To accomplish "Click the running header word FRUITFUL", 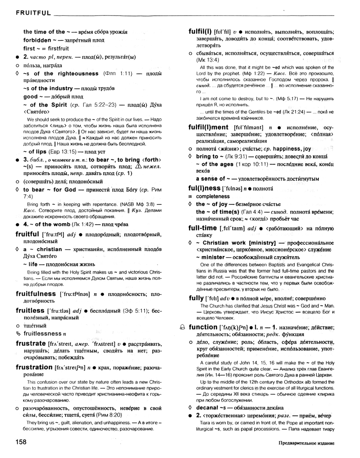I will pyautogui.click(x=33, y=13).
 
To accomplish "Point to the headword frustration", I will pyautogui.click(x=34, y=367).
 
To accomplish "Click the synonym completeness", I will pyautogui.click(x=213, y=196).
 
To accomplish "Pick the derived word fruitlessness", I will pyautogui.click(x=46, y=334).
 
